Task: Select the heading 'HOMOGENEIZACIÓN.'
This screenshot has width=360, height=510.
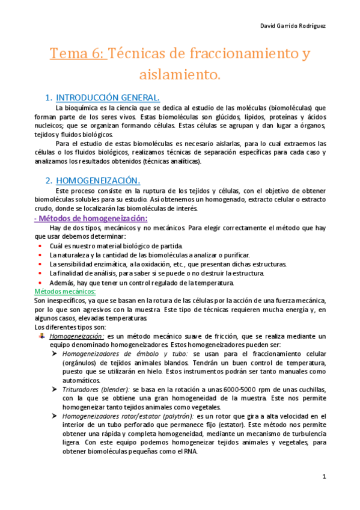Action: [98, 180]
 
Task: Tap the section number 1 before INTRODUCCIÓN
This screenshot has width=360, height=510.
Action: [49, 97]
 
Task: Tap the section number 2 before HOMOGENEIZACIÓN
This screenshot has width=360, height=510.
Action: [49, 180]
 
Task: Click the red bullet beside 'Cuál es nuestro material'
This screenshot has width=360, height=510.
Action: [40, 247]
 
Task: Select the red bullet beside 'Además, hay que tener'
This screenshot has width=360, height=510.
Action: [40, 283]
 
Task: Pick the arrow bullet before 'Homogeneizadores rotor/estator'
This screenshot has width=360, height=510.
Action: [55, 416]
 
